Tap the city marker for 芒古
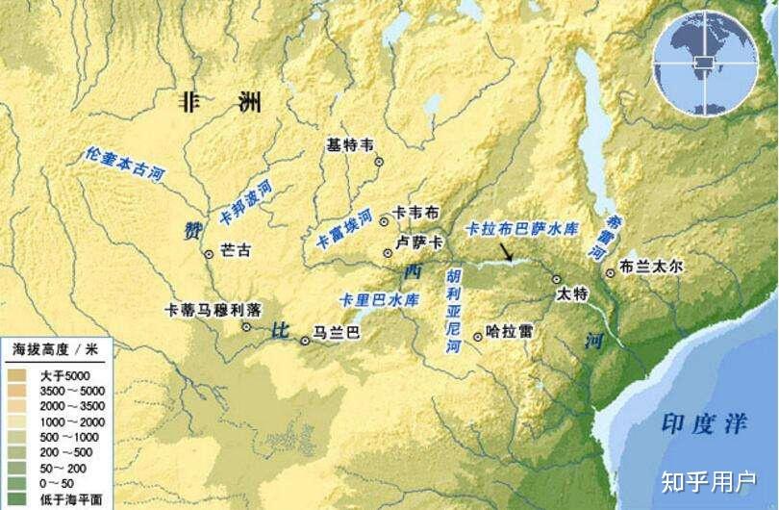click(209, 254)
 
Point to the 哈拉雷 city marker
click(478, 336)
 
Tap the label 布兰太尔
click(651, 267)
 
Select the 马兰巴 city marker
click(306, 339)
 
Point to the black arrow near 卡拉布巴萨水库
click(507, 252)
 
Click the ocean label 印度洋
click(699, 423)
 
